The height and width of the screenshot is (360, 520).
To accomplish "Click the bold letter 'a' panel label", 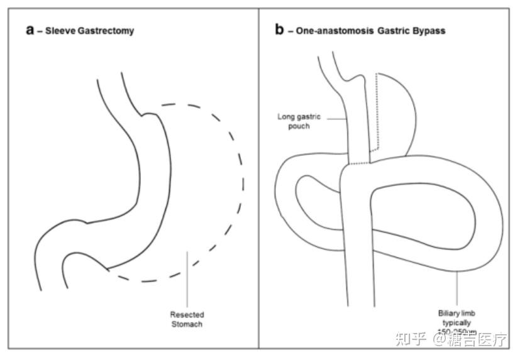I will [30, 30].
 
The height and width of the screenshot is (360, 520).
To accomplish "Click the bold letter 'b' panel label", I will [280, 30].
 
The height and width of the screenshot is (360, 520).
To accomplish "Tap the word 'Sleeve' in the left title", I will [55, 31].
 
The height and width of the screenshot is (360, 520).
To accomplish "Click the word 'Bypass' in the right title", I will [428, 31].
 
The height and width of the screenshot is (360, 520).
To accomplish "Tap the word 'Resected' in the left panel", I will [187, 314].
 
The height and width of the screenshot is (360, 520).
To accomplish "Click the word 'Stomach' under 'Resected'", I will [187, 324].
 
